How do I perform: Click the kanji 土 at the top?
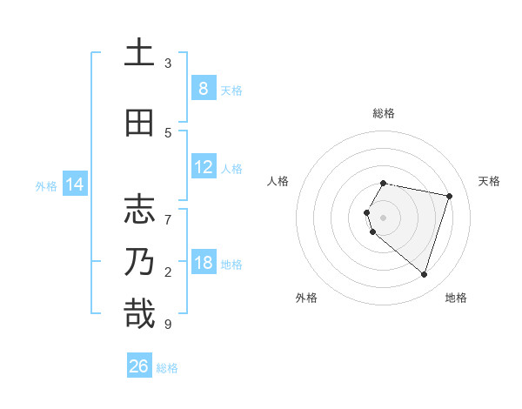tap(139, 53)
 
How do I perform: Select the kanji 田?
tap(139, 123)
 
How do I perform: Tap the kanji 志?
tap(139, 210)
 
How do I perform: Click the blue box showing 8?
tap(203, 89)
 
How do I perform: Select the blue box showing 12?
tap(203, 167)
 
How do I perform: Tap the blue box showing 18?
tap(203, 263)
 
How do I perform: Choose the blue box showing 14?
tap(75, 184)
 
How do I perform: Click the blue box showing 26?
tap(139, 366)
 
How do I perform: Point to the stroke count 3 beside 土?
tap(168, 64)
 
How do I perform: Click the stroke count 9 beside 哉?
tap(168, 325)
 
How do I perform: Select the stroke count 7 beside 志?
tap(168, 211)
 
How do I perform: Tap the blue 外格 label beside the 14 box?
tap(46, 185)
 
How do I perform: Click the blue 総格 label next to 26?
tap(167, 368)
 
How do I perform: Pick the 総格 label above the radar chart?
tap(383, 113)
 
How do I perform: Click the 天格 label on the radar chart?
tap(489, 181)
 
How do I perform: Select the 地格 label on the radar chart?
tap(456, 298)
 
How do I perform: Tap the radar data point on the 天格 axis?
tap(449, 196)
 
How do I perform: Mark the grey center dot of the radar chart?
tap(383, 218)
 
